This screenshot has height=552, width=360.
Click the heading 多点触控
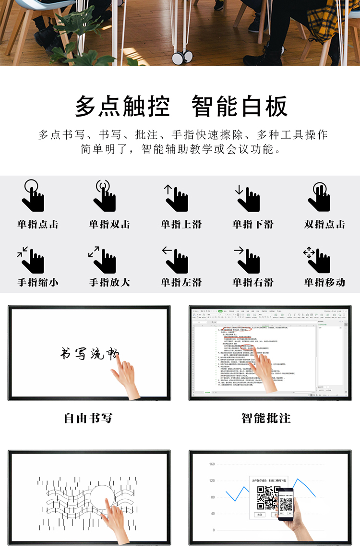click(x=122, y=106)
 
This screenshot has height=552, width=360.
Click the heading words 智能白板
click(x=240, y=106)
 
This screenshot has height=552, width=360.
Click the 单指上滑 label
click(x=181, y=224)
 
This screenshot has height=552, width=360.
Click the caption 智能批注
click(x=266, y=418)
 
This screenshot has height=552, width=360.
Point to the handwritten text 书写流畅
click(x=89, y=353)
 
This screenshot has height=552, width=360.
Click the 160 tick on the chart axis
click(x=212, y=464)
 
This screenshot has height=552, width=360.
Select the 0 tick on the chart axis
click(x=214, y=530)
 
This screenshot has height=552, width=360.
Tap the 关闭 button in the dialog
click(x=260, y=514)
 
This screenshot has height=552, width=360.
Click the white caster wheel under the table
click(x=178, y=58)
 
